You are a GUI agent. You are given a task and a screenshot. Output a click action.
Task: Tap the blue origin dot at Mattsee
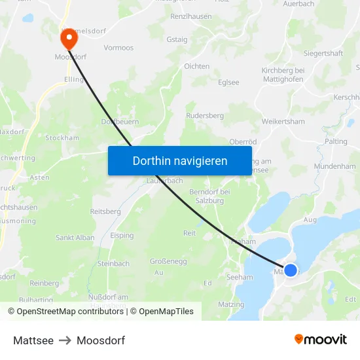click(291, 270)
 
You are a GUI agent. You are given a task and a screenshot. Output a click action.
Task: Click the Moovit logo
click(320, 340)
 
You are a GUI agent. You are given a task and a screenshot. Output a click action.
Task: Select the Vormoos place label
click(118, 48)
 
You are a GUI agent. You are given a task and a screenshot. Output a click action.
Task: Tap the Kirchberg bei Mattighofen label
click(283, 75)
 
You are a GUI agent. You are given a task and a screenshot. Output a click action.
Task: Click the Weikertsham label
click(283, 121)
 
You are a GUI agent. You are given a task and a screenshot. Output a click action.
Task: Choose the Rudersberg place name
click(205, 115)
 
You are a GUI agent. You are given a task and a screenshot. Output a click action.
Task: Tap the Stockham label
click(62, 138)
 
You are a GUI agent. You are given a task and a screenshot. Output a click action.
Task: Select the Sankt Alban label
click(75, 238)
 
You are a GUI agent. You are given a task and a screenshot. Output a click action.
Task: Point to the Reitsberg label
click(105, 211)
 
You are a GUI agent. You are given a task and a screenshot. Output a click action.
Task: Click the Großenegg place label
click(168, 261)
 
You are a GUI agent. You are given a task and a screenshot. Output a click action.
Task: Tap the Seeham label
click(240, 278)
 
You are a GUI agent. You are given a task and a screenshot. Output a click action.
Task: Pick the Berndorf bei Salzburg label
click(209, 196)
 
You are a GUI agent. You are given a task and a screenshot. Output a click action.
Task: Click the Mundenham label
click(334, 166)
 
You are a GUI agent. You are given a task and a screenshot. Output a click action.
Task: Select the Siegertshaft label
click(323, 53)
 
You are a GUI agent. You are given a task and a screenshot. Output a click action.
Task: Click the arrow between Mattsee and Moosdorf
click(65, 340)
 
